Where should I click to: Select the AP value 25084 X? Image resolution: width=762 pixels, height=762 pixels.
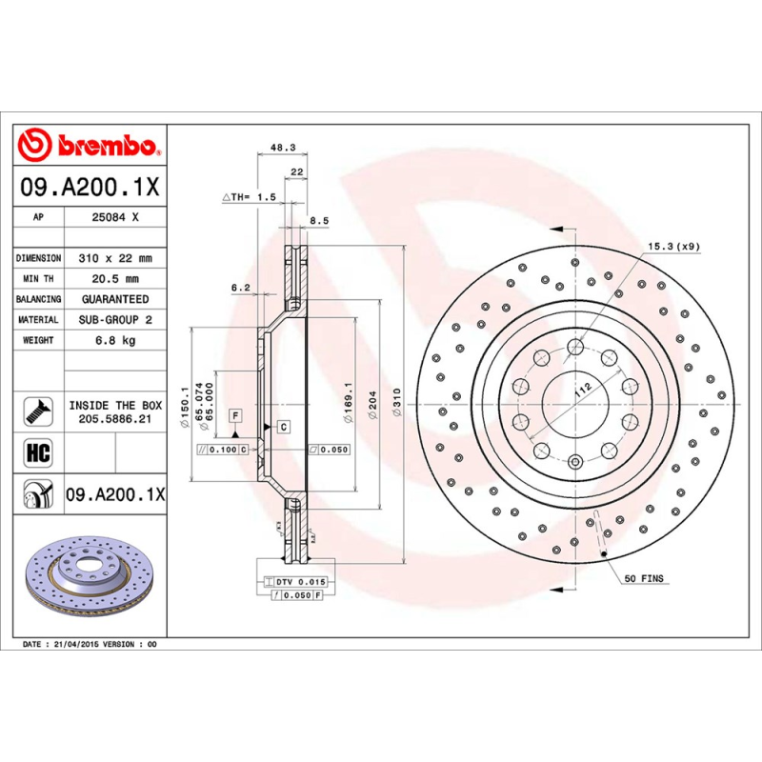114,217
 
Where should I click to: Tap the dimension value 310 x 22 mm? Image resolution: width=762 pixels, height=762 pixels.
114,258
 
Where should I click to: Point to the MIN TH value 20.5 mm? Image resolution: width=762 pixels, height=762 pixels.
114,279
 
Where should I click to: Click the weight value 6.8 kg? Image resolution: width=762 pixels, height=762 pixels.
114,340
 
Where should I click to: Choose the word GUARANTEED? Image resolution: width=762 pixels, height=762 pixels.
114,299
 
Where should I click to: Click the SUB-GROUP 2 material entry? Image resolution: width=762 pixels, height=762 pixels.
114,320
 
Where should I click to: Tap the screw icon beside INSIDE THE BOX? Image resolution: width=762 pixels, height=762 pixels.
36,411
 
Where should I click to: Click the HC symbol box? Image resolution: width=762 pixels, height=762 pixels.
36,451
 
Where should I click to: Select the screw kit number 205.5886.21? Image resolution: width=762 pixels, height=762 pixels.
114,418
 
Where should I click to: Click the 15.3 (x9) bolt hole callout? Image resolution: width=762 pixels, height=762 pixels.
674,247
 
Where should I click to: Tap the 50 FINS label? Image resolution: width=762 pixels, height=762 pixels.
645,578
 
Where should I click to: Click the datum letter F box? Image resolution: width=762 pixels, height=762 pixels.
233,415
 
